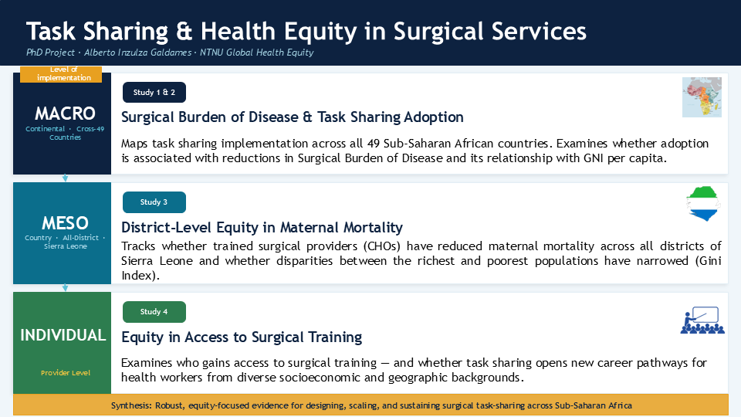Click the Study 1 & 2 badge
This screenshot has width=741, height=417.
pos(154,92)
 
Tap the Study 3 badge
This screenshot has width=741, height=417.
pos(154,202)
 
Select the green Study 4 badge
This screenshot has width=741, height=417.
pos(154,311)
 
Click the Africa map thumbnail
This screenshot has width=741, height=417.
pos(702,97)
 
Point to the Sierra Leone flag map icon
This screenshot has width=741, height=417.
pos(703,204)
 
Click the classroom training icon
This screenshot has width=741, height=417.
pos(702,320)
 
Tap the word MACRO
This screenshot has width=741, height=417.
pos(65,114)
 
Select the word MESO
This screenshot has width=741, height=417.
pos(65,222)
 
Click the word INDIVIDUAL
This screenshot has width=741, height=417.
pos(63,335)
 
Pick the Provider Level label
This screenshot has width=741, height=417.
pos(65,372)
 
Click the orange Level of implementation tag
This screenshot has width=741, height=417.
pos(61,74)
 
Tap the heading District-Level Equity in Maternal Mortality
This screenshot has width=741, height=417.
pos(262,227)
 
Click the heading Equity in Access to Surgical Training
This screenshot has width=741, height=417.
pos(242,337)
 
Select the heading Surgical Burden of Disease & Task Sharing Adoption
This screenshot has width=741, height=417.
pos(292,117)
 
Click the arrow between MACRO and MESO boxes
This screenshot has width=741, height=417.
pos(65,178)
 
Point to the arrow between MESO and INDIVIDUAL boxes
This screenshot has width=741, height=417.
pos(65,287)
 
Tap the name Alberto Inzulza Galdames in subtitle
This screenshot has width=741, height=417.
pos(137,53)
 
